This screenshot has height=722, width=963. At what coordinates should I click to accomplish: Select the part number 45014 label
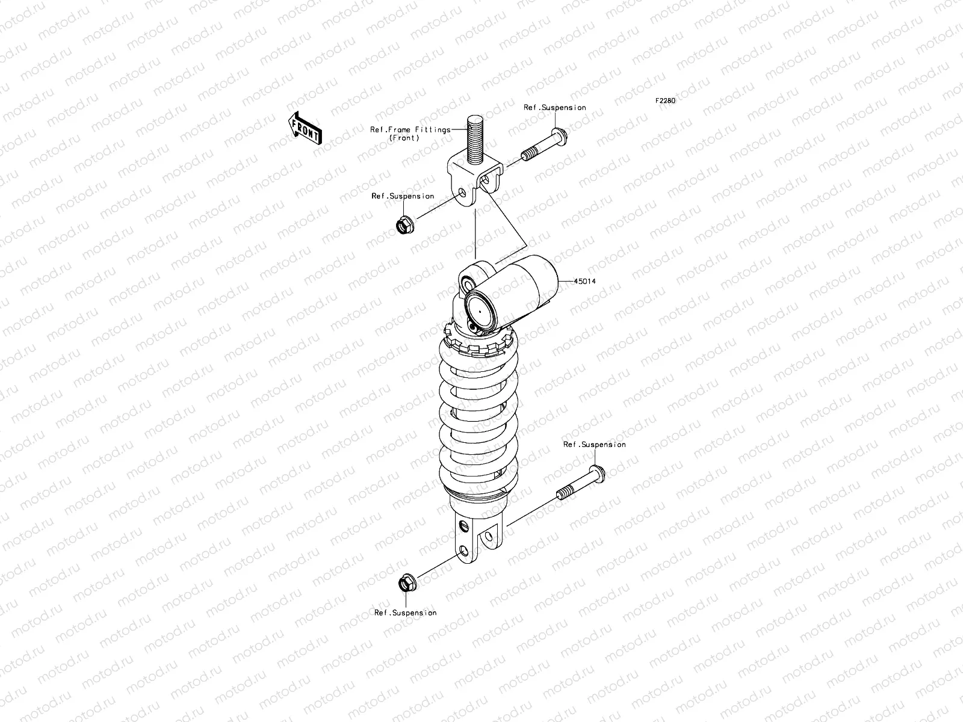click(x=584, y=281)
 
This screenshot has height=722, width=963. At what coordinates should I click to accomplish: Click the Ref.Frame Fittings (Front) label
click(x=410, y=134)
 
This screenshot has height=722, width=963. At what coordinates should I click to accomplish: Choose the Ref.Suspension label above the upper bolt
click(x=554, y=108)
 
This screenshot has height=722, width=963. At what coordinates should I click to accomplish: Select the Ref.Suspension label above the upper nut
click(x=402, y=196)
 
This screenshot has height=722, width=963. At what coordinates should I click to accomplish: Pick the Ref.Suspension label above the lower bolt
click(x=594, y=445)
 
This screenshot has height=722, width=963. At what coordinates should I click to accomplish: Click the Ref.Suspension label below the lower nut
click(x=405, y=612)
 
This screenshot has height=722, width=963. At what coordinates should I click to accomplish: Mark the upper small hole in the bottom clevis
click(x=463, y=527)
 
